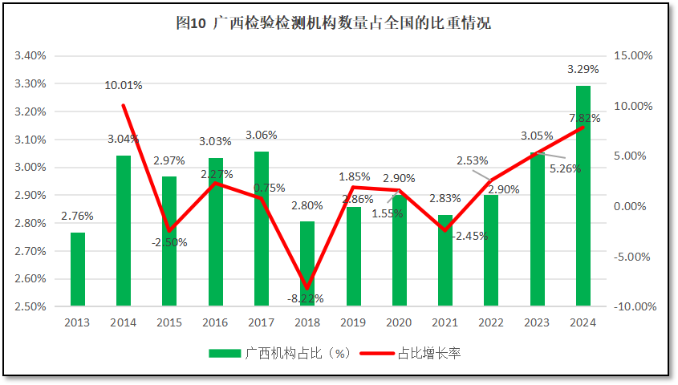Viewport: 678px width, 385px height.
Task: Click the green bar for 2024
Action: coord(583,196)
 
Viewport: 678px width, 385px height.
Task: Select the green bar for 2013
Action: coord(77,269)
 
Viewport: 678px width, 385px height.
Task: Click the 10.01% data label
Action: coord(124,85)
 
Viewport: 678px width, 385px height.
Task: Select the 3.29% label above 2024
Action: coord(583,69)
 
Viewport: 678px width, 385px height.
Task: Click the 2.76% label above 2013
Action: coord(77,216)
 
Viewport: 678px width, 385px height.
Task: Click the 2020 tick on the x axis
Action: coord(399,322)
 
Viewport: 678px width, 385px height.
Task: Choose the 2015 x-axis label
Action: coord(169,322)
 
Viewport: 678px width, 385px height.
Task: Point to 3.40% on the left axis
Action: coord(30,56)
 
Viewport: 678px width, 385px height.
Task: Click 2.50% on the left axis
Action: coord(30,306)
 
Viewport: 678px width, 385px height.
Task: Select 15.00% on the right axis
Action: coord(634,56)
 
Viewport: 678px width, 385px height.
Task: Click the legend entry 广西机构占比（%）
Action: coord(277,353)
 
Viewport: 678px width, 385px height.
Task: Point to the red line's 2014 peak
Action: coord(124,105)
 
